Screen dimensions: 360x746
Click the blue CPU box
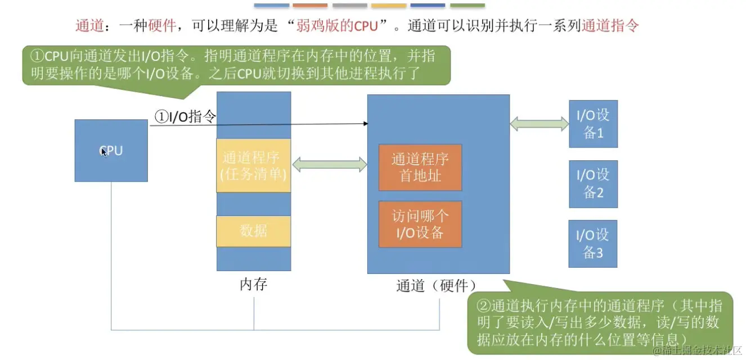coord(111,151)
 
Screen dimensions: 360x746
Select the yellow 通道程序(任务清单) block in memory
coord(253,165)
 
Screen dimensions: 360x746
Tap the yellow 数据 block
coord(253,231)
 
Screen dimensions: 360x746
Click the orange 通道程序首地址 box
coord(420,167)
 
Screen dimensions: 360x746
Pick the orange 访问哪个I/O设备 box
coord(420,224)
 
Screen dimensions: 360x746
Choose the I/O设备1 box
coord(593,124)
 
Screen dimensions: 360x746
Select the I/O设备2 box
coord(593,184)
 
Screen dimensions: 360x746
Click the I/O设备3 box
coord(593,243)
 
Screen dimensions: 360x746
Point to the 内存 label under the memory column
coord(253,285)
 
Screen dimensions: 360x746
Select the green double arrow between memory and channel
coord(330,165)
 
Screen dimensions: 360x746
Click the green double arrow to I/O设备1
coord(540,123)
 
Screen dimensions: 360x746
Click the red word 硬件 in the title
coord(162,26)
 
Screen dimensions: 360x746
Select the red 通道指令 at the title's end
coord(610,26)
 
